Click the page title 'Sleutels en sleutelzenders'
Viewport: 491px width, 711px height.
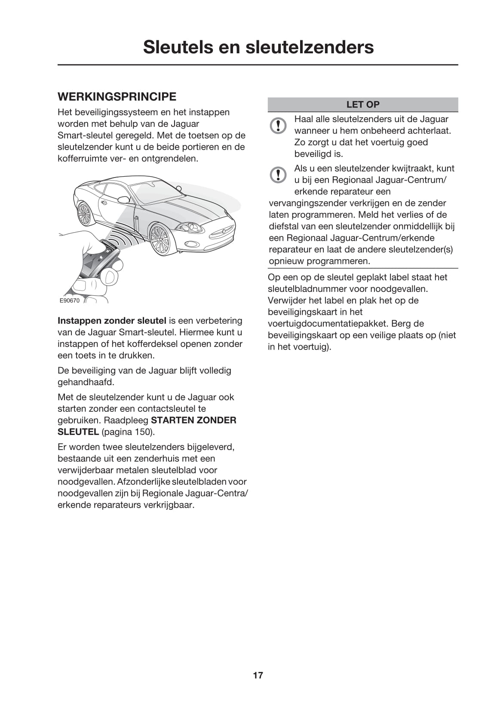click(x=258, y=47)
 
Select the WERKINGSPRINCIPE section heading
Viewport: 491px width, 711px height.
click(x=117, y=96)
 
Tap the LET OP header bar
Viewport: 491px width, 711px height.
click(x=362, y=104)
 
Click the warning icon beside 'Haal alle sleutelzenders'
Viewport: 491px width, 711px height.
click(x=278, y=125)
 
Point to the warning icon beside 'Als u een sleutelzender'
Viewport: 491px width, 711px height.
click(x=278, y=175)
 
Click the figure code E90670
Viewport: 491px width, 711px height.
click(x=69, y=300)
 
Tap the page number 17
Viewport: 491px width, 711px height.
click(x=258, y=675)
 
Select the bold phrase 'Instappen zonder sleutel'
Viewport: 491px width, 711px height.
click(x=112, y=321)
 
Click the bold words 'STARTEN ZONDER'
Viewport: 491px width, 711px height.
click(x=193, y=420)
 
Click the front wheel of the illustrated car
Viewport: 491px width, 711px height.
click(x=160, y=239)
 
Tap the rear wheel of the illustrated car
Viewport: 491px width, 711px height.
click(x=85, y=214)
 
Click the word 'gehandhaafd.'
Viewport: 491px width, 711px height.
click(x=86, y=382)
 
